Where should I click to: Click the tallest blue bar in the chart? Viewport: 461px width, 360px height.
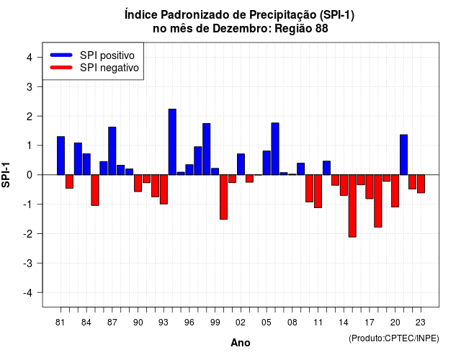click(x=172, y=142)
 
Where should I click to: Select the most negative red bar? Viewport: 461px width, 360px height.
click(x=352, y=206)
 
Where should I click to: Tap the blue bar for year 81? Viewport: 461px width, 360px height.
click(x=61, y=156)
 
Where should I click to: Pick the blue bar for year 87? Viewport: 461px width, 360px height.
click(x=112, y=151)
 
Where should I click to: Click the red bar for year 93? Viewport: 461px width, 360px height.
click(x=164, y=189)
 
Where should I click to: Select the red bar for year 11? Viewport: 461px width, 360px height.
click(x=318, y=192)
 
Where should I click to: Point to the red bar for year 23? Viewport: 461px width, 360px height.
click(x=421, y=184)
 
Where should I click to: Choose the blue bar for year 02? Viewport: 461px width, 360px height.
click(x=241, y=164)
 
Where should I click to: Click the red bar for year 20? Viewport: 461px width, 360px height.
click(x=395, y=191)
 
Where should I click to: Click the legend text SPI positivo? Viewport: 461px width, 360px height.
click(x=107, y=55)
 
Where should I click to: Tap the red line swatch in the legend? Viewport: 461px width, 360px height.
click(x=61, y=68)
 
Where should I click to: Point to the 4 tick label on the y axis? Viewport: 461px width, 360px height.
click(x=30, y=58)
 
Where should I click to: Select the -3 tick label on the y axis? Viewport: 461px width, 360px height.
click(x=27, y=264)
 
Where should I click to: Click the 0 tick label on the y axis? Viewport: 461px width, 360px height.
click(x=30, y=175)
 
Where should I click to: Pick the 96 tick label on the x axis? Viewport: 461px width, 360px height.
click(x=189, y=323)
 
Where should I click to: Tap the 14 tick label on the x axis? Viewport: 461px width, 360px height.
click(x=344, y=323)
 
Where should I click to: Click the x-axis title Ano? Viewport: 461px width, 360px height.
click(x=241, y=343)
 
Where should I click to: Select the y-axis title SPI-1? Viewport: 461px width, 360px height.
click(x=6, y=175)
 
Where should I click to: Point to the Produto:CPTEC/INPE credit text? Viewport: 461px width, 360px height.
click(x=394, y=338)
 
